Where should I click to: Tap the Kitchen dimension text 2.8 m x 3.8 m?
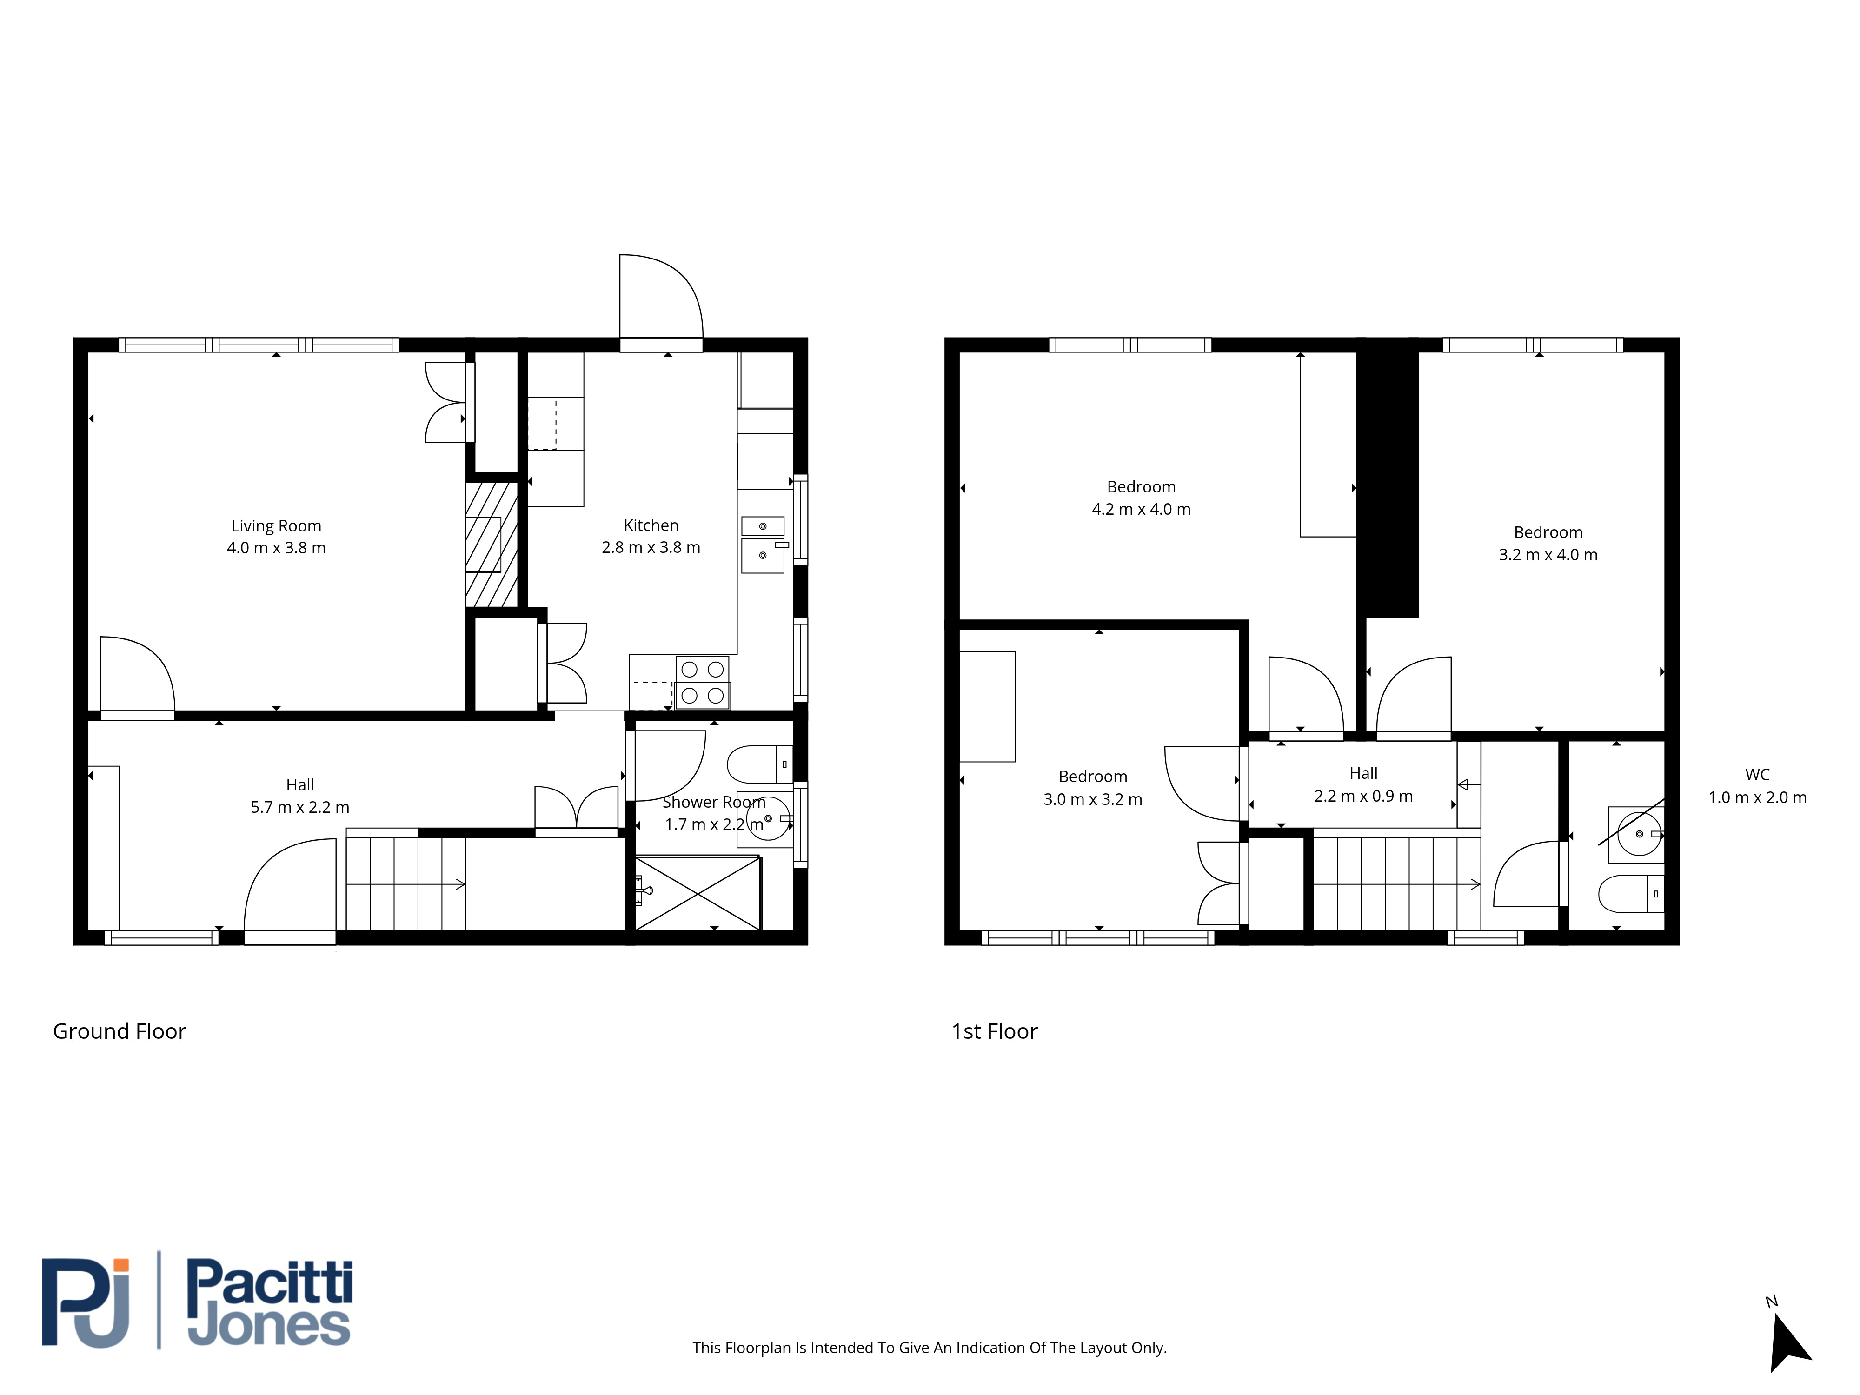(651, 547)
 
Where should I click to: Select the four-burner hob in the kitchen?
(702, 683)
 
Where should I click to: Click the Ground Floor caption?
(120, 1032)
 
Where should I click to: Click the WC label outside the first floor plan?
(1757, 774)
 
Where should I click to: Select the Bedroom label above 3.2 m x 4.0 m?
(1548, 532)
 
